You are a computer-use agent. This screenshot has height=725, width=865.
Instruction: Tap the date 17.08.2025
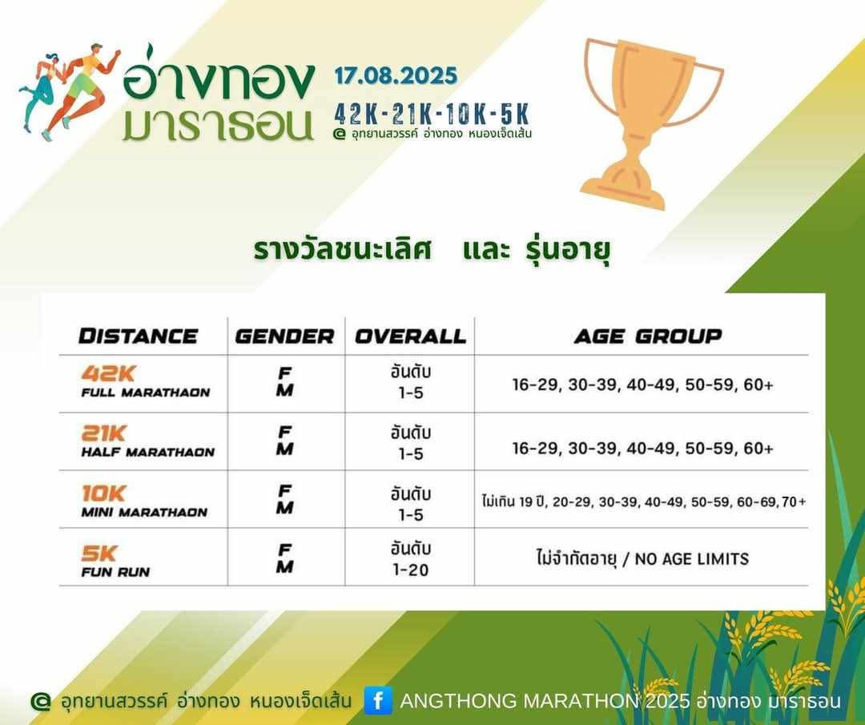396,75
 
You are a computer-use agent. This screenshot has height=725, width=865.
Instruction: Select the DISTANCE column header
138,336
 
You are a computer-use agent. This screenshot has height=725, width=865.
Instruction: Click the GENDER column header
284,336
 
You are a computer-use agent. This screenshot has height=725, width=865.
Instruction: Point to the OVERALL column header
410,336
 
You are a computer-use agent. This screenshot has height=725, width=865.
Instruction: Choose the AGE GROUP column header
648,336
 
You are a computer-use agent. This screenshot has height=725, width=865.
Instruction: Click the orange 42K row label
108,373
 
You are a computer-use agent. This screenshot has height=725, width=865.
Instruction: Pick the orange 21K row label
103,433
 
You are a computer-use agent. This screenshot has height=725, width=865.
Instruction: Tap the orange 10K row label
103,493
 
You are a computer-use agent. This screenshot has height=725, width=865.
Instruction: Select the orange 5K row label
99,553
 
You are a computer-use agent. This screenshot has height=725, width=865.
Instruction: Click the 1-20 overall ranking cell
410,570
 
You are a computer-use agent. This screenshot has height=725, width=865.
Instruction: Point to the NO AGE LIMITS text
692,559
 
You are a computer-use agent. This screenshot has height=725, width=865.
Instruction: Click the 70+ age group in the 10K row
795,501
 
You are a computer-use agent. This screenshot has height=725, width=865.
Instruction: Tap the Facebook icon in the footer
378,700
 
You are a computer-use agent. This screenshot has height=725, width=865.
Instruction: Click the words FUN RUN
115,572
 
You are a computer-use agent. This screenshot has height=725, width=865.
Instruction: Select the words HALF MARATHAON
148,453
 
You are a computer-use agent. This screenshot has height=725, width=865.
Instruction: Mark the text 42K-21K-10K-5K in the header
432,115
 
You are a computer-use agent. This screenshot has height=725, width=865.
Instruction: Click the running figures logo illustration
70,91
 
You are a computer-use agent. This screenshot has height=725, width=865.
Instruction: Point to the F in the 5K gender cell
284,550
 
